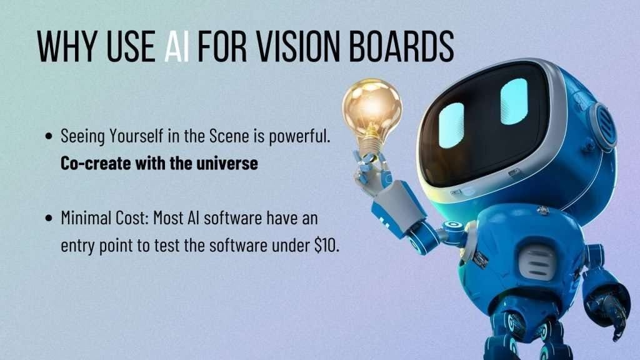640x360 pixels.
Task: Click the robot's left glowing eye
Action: [x=451, y=124]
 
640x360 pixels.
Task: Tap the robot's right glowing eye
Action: [x=514, y=101]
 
